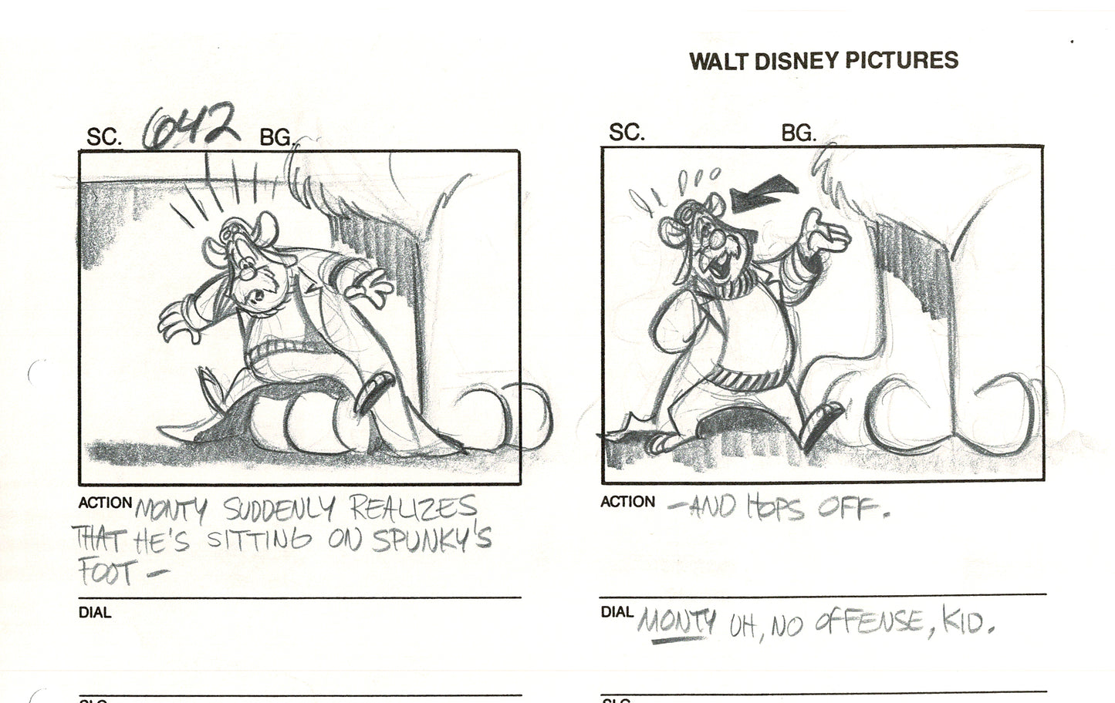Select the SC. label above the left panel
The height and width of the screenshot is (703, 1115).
pyautogui.click(x=104, y=138)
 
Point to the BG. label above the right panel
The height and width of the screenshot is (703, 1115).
pyautogui.click(x=799, y=133)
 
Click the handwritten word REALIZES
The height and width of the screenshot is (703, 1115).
pyautogui.click(x=414, y=508)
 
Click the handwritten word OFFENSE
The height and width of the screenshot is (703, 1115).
pyautogui.click(x=856, y=621)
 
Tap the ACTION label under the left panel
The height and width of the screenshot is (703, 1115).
pyautogui.click(x=106, y=503)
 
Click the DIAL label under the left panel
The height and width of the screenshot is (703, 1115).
pyautogui.click(x=95, y=613)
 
